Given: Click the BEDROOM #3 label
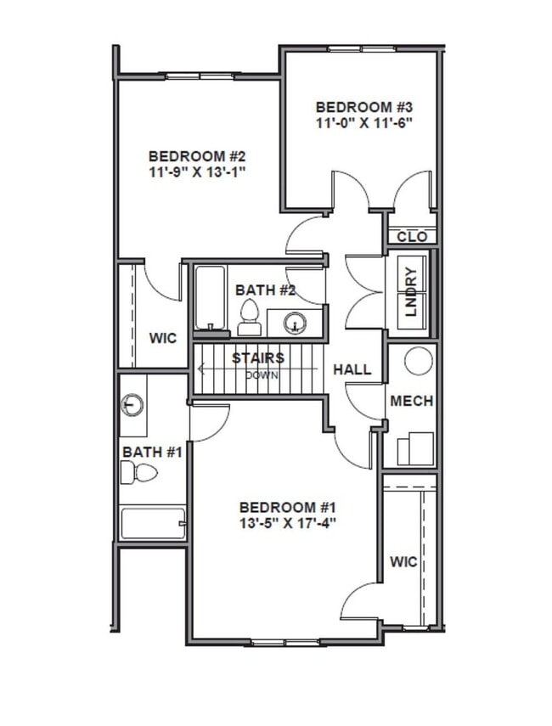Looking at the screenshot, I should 363,107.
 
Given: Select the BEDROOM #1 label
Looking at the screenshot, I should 288,507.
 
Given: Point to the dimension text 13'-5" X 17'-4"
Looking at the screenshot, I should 288,523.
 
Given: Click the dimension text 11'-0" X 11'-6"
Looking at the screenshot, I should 363,122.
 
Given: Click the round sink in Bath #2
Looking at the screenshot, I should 295,323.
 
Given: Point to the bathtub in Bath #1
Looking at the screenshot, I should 153,523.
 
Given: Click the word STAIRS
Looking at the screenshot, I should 258,358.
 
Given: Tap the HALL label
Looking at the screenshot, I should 352,370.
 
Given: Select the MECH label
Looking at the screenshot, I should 411,401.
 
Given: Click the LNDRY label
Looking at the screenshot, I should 411,291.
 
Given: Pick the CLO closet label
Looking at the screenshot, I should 412,237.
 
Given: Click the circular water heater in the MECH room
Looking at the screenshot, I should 418,361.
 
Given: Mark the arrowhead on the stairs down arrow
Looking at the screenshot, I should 200,369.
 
